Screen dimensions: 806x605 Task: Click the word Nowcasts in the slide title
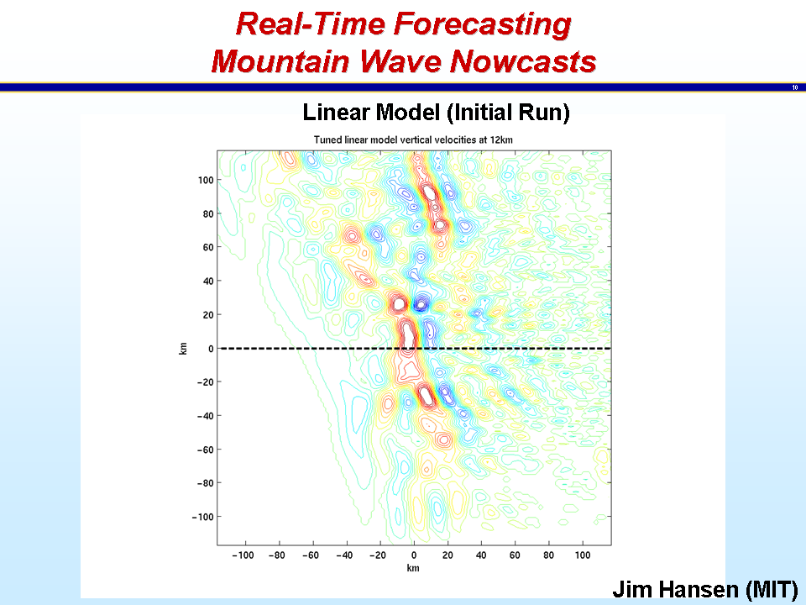(x=523, y=61)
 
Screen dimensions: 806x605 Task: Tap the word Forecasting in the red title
(x=483, y=24)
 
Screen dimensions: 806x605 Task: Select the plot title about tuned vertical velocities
(x=413, y=140)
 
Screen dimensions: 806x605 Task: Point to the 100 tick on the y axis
(x=206, y=180)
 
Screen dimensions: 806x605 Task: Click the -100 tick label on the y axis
(x=203, y=517)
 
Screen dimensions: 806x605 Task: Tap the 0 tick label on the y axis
(x=211, y=348)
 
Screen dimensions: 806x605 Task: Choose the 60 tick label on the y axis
(x=207, y=247)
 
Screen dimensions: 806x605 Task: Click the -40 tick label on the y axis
(x=205, y=416)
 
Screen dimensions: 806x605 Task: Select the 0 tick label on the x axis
(x=414, y=555)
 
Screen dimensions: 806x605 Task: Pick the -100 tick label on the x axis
(x=243, y=555)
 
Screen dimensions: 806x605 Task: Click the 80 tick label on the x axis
(x=548, y=555)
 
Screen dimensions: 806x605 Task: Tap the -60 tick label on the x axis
(x=311, y=555)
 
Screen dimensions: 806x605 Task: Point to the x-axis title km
(x=413, y=568)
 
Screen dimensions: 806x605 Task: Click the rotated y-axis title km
(x=183, y=348)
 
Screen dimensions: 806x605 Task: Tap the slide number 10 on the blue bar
(x=795, y=87)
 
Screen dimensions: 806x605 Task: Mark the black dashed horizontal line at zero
(x=414, y=348)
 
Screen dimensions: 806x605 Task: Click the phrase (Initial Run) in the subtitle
(x=509, y=113)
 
